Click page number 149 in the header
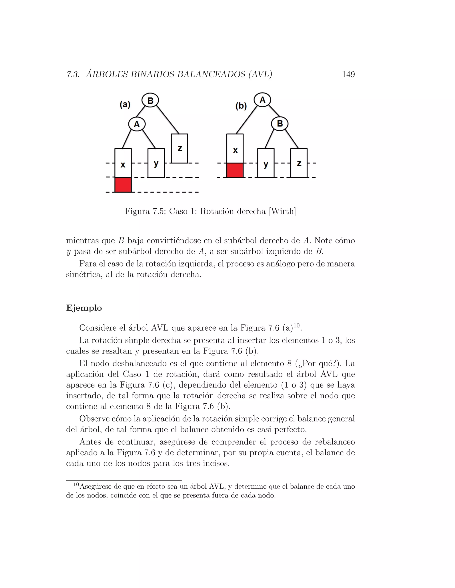(348, 74)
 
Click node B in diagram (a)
(150, 101)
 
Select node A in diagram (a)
(137, 124)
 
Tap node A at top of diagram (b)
(262, 100)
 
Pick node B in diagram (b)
(279, 124)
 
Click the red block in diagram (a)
(123, 185)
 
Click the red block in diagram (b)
(235, 170)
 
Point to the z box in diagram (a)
(180, 148)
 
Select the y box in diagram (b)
(266, 163)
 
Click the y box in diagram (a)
(156, 163)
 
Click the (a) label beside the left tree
(125, 105)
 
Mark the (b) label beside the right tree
(241, 106)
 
